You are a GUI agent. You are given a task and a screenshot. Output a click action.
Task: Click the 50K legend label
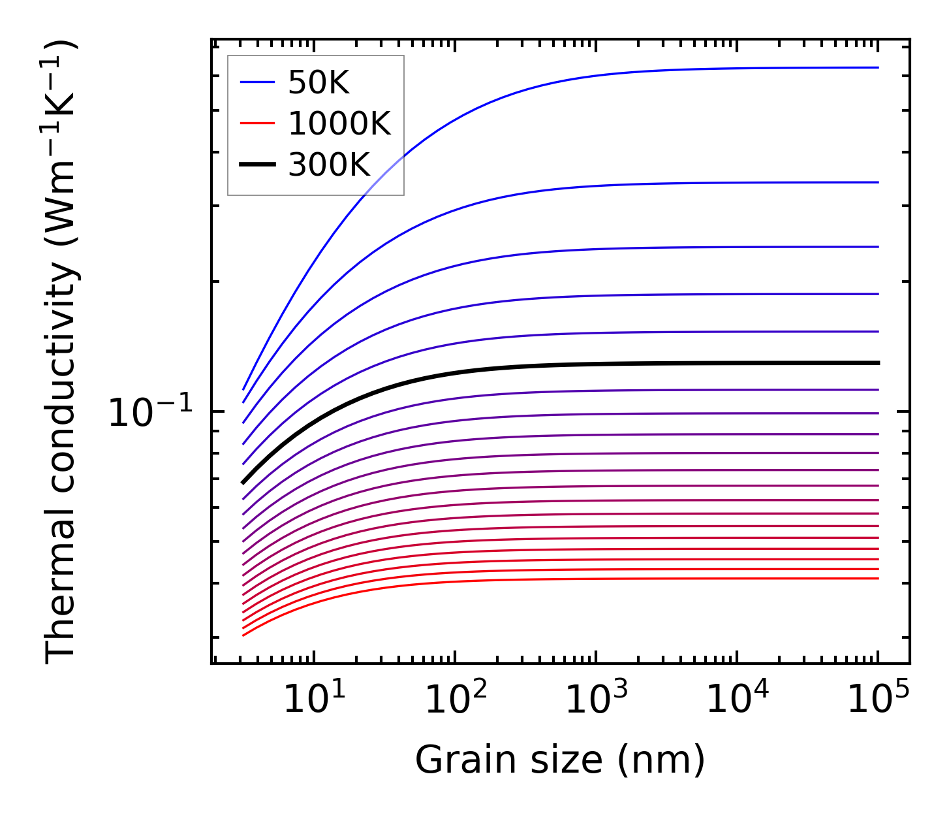point(319,83)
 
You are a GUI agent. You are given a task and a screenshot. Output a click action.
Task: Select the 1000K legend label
point(339,123)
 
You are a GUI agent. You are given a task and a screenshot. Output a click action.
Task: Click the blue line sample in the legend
point(257,82)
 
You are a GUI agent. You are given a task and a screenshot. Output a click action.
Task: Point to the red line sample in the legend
point(257,123)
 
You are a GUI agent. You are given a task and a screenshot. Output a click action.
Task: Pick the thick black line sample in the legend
point(257,165)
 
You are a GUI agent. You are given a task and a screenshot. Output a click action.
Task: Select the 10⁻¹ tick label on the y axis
point(151,413)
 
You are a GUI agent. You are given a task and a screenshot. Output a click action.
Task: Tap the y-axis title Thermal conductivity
point(62,353)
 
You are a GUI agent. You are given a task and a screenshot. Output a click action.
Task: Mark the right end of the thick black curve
point(879,362)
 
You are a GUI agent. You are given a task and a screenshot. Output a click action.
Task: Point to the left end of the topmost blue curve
point(243,389)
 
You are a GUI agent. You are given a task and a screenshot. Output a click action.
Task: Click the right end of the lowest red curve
point(879,579)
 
